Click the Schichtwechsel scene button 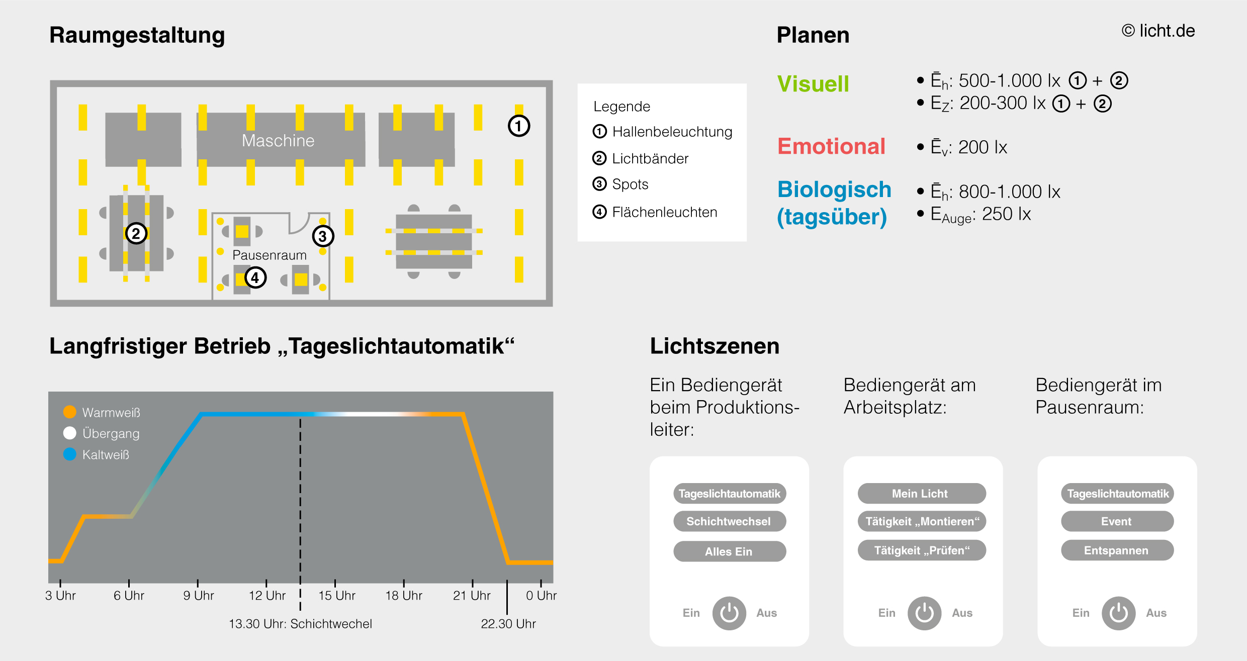click(x=729, y=521)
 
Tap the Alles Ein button click(x=729, y=551)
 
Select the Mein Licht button click(x=921, y=494)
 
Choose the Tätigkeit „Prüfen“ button click(x=921, y=550)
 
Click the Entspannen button click(x=1117, y=550)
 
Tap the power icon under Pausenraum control click(x=1118, y=613)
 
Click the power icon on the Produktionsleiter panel click(x=729, y=613)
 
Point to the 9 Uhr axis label click(x=199, y=596)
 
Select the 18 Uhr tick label click(x=404, y=596)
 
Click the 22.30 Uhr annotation click(x=508, y=624)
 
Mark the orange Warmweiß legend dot click(x=70, y=412)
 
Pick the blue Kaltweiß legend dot click(x=70, y=454)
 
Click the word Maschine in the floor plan click(x=278, y=141)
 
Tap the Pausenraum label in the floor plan click(x=270, y=255)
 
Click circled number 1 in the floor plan click(x=519, y=126)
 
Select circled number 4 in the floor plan click(x=255, y=277)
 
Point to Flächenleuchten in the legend click(x=664, y=212)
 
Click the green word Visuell click(x=813, y=84)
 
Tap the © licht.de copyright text click(x=1158, y=31)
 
